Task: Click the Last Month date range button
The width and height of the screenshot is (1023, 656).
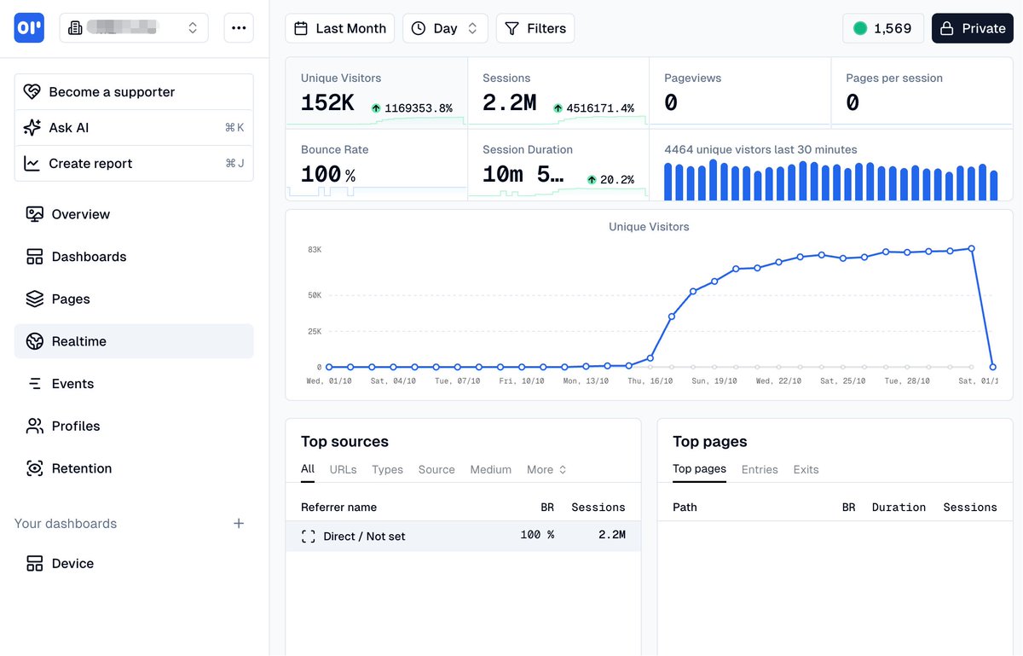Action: pos(339,28)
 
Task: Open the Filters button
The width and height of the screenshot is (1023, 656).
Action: pos(535,28)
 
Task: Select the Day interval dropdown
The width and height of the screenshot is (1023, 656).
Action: pos(445,28)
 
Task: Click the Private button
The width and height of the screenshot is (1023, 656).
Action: pos(972,28)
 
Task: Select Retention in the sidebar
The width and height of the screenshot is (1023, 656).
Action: pos(81,468)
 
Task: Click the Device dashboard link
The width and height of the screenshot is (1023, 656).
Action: pos(72,564)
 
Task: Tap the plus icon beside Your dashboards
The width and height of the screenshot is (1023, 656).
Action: pos(239,524)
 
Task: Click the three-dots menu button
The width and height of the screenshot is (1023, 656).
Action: pos(239,28)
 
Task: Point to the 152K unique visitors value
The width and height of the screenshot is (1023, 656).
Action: pos(327,103)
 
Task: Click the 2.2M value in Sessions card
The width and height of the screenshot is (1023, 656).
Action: pos(509,103)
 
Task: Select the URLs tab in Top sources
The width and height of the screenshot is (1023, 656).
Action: pos(343,470)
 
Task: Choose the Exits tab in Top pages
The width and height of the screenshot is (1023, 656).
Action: pos(806,470)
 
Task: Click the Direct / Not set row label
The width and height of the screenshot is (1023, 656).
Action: pos(364,537)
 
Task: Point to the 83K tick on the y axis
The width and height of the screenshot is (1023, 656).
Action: pos(315,250)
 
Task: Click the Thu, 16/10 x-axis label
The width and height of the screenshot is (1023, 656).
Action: pos(650,381)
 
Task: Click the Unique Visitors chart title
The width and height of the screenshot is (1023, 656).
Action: pos(649,227)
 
